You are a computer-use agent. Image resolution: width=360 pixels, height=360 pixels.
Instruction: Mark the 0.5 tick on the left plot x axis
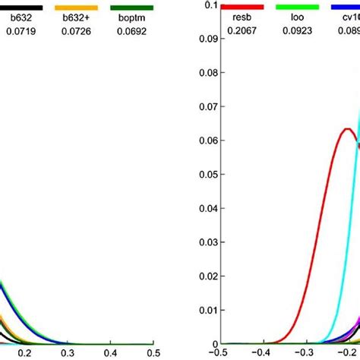click(x=153, y=353)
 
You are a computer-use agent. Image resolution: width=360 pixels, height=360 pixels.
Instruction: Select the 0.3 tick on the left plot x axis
click(x=68, y=353)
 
